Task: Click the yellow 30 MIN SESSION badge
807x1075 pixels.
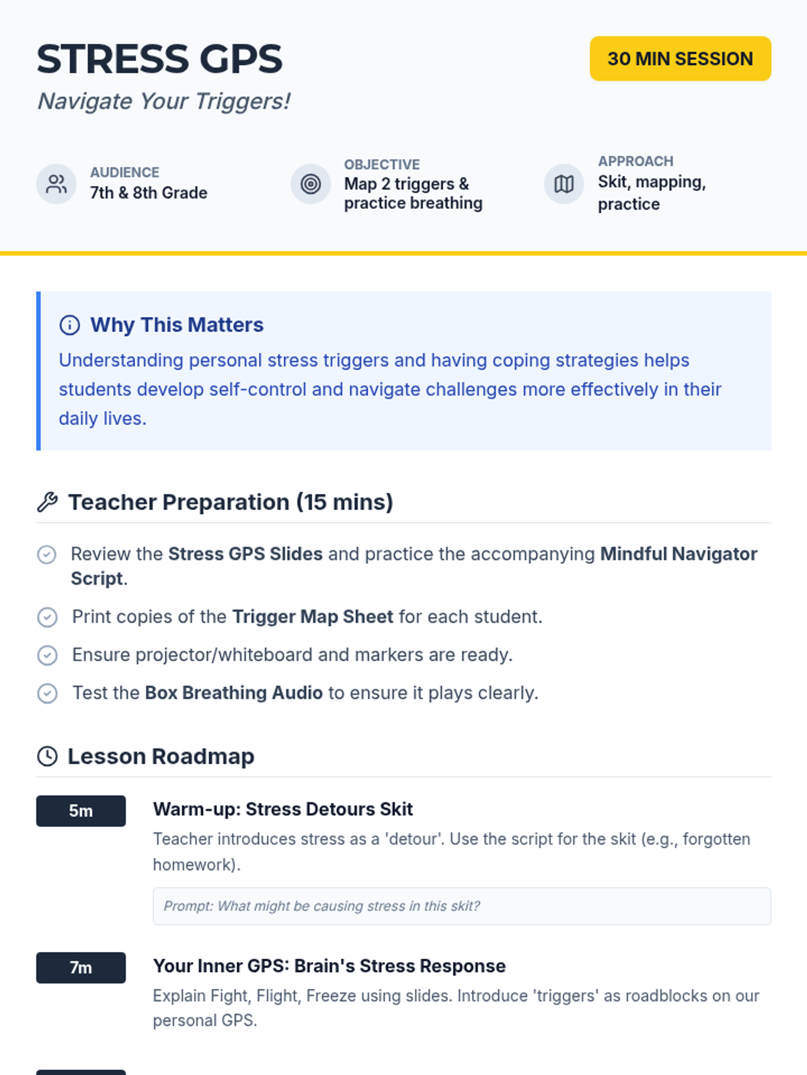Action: (x=680, y=58)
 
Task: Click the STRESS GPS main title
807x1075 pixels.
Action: (x=159, y=58)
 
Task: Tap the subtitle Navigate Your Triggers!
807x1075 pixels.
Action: (x=163, y=101)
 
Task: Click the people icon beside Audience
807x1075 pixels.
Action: (x=56, y=183)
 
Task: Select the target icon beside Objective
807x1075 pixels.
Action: (x=311, y=183)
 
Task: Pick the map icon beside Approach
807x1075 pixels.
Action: (x=564, y=183)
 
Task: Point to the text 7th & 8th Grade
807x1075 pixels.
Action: (x=149, y=193)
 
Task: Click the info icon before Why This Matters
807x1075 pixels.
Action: (x=69, y=325)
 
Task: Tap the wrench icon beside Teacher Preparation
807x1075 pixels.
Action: (x=48, y=502)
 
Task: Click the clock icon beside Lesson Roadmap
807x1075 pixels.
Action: (x=48, y=756)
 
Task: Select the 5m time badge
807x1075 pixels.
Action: (x=81, y=810)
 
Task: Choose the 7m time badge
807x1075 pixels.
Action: (x=81, y=967)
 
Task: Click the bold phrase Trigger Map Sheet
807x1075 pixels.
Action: (x=313, y=617)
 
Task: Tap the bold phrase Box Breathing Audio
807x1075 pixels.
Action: (x=234, y=693)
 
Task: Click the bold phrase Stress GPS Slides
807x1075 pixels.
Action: (x=245, y=554)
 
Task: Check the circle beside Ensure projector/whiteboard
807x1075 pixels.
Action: (x=48, y=655)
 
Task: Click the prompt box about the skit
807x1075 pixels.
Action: (x=461, y=906)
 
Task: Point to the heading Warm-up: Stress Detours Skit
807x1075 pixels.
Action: (x=282, y=809)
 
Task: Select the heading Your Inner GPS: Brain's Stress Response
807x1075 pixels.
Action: (x=330, y=965)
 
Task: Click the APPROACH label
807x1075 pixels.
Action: (x=636, y=161)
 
